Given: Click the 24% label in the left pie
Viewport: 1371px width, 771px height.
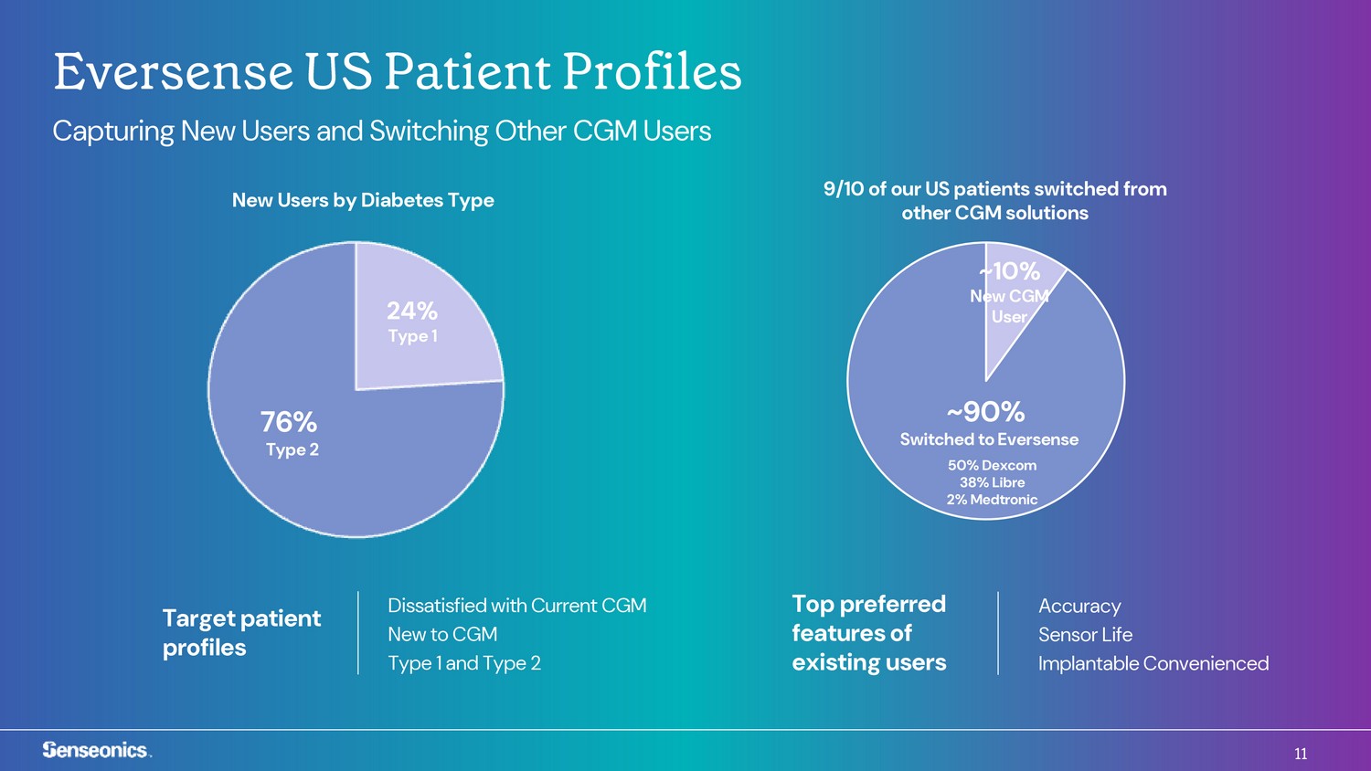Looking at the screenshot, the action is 412,311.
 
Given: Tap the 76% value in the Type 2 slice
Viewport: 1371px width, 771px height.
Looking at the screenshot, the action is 288,422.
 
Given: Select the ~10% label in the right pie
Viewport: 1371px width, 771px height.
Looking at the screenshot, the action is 1009,271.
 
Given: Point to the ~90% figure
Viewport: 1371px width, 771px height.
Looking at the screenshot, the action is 985,412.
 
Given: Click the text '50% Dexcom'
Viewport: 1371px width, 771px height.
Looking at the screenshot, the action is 992,465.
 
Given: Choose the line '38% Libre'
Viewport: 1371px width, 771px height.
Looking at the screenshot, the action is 992,482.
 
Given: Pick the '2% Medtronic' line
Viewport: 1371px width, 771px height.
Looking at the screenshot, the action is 992,500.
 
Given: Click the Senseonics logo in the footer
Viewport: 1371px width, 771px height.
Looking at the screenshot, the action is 96,750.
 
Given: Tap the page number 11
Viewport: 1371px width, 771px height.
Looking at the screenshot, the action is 1301,754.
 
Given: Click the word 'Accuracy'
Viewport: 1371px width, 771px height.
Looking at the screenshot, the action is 1079,607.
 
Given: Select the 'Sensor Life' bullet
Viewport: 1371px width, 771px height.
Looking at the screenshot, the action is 1085,635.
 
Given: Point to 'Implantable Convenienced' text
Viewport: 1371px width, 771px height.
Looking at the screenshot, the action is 1153,663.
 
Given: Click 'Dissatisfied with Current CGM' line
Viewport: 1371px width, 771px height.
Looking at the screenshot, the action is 517,605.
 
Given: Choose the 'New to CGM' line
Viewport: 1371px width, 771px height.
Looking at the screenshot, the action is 442,634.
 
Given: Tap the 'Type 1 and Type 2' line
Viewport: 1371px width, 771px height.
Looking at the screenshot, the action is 464,663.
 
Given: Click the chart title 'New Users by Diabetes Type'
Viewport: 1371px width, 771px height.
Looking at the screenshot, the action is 363,200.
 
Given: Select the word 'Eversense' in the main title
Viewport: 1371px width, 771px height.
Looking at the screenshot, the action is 174,71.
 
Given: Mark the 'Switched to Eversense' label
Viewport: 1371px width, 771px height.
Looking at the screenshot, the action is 989,439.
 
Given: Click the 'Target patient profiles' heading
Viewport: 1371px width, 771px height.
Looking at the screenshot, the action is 241,633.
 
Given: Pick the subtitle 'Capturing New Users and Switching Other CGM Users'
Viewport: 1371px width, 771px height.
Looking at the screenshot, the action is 382,131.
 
